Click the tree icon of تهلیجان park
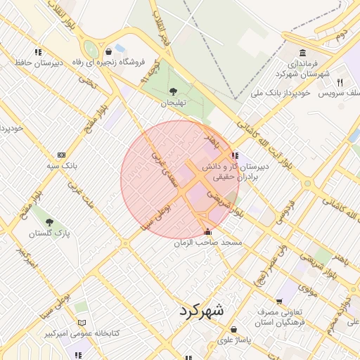tap(173, 91)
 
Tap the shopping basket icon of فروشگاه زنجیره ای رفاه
tap(108, 51)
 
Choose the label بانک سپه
tap(61, 165)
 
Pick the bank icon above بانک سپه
tap(61, 155)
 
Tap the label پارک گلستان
tap(48, 232)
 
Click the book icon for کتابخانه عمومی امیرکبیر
tap(82, 322)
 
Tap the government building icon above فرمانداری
tap(302, 53)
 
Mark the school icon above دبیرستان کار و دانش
tap(234, 155)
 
